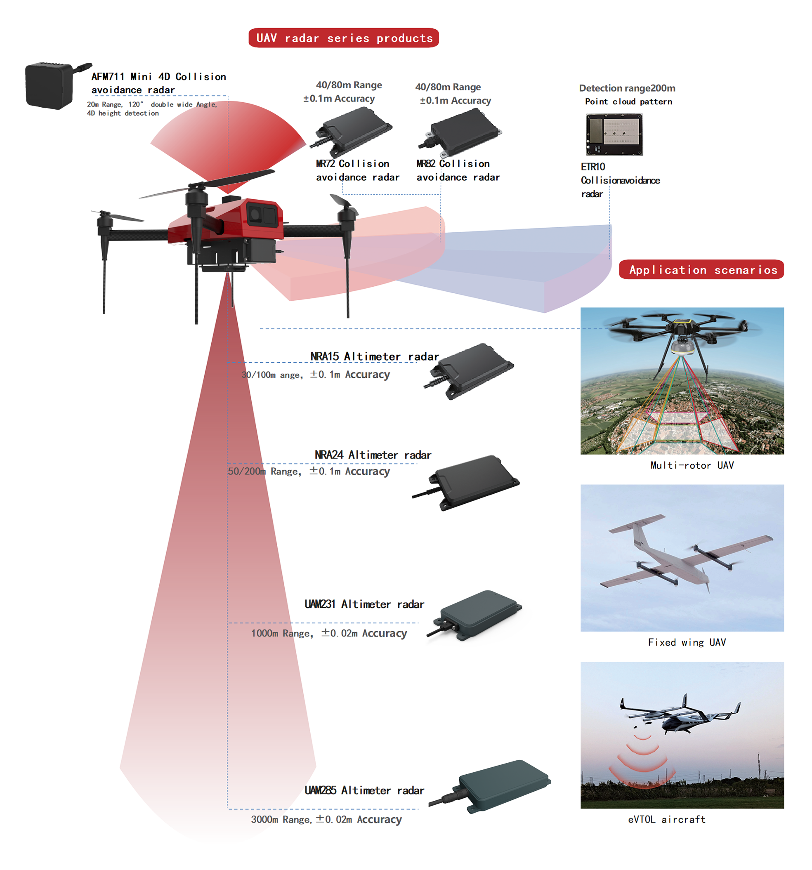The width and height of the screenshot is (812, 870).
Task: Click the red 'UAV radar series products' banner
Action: tap(343, 38)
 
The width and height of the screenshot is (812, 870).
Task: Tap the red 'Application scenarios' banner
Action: tap(701, 269)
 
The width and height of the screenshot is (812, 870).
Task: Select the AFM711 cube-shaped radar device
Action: tap(49, 85)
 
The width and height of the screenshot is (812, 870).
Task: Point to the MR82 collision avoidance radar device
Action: tap(462, 132)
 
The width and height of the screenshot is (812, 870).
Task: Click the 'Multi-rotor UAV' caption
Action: tap(692, 465)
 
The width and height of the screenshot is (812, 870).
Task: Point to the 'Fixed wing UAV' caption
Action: tap(687, 642)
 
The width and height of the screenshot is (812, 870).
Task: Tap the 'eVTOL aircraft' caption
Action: tap(666, 819)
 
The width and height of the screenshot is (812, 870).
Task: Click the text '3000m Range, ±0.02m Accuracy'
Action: tap(326, 819)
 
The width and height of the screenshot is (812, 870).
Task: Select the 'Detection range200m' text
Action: tap(627, 88)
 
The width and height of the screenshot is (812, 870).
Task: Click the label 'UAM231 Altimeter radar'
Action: tap(364, 604)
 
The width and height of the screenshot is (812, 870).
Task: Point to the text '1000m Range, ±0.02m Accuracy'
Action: tap(329, 633)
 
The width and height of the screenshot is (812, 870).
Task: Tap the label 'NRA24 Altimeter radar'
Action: tap(373, 455)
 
